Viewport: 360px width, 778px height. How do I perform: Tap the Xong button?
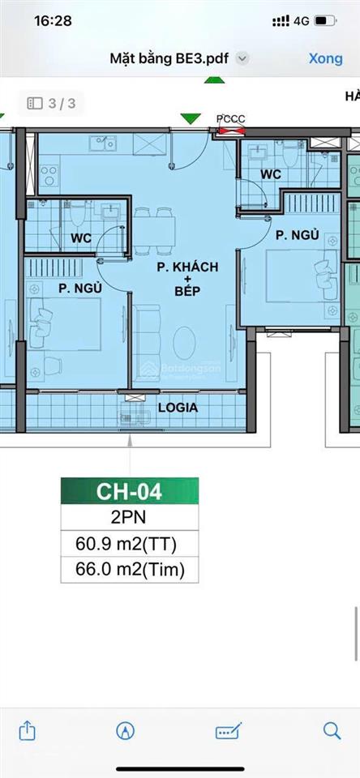(x=326, y=58)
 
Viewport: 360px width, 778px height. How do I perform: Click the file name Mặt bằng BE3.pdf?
(x=169, y=59)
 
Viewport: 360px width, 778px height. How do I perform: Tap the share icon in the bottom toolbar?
(x=27, y=730)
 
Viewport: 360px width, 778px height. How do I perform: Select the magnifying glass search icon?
(x=332, y=730)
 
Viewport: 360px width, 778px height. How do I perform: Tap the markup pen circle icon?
(x=126, y=730)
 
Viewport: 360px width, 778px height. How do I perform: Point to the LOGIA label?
(x=178, y=408)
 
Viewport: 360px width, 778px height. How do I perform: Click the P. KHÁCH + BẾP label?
(x=187, y=279)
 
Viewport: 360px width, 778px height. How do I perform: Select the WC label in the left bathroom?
(x=81, y=238)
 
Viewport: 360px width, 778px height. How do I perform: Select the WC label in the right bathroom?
(x=271, y=174)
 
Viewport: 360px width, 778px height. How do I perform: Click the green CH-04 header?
(x=130, y=491)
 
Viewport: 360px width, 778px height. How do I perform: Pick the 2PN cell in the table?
(x=130, y=517)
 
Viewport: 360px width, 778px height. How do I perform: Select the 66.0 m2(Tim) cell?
(x=130, y=570)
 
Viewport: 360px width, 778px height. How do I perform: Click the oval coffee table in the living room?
(x=184, y=343)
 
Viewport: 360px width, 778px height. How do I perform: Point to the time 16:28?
(x=53, y=21)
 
